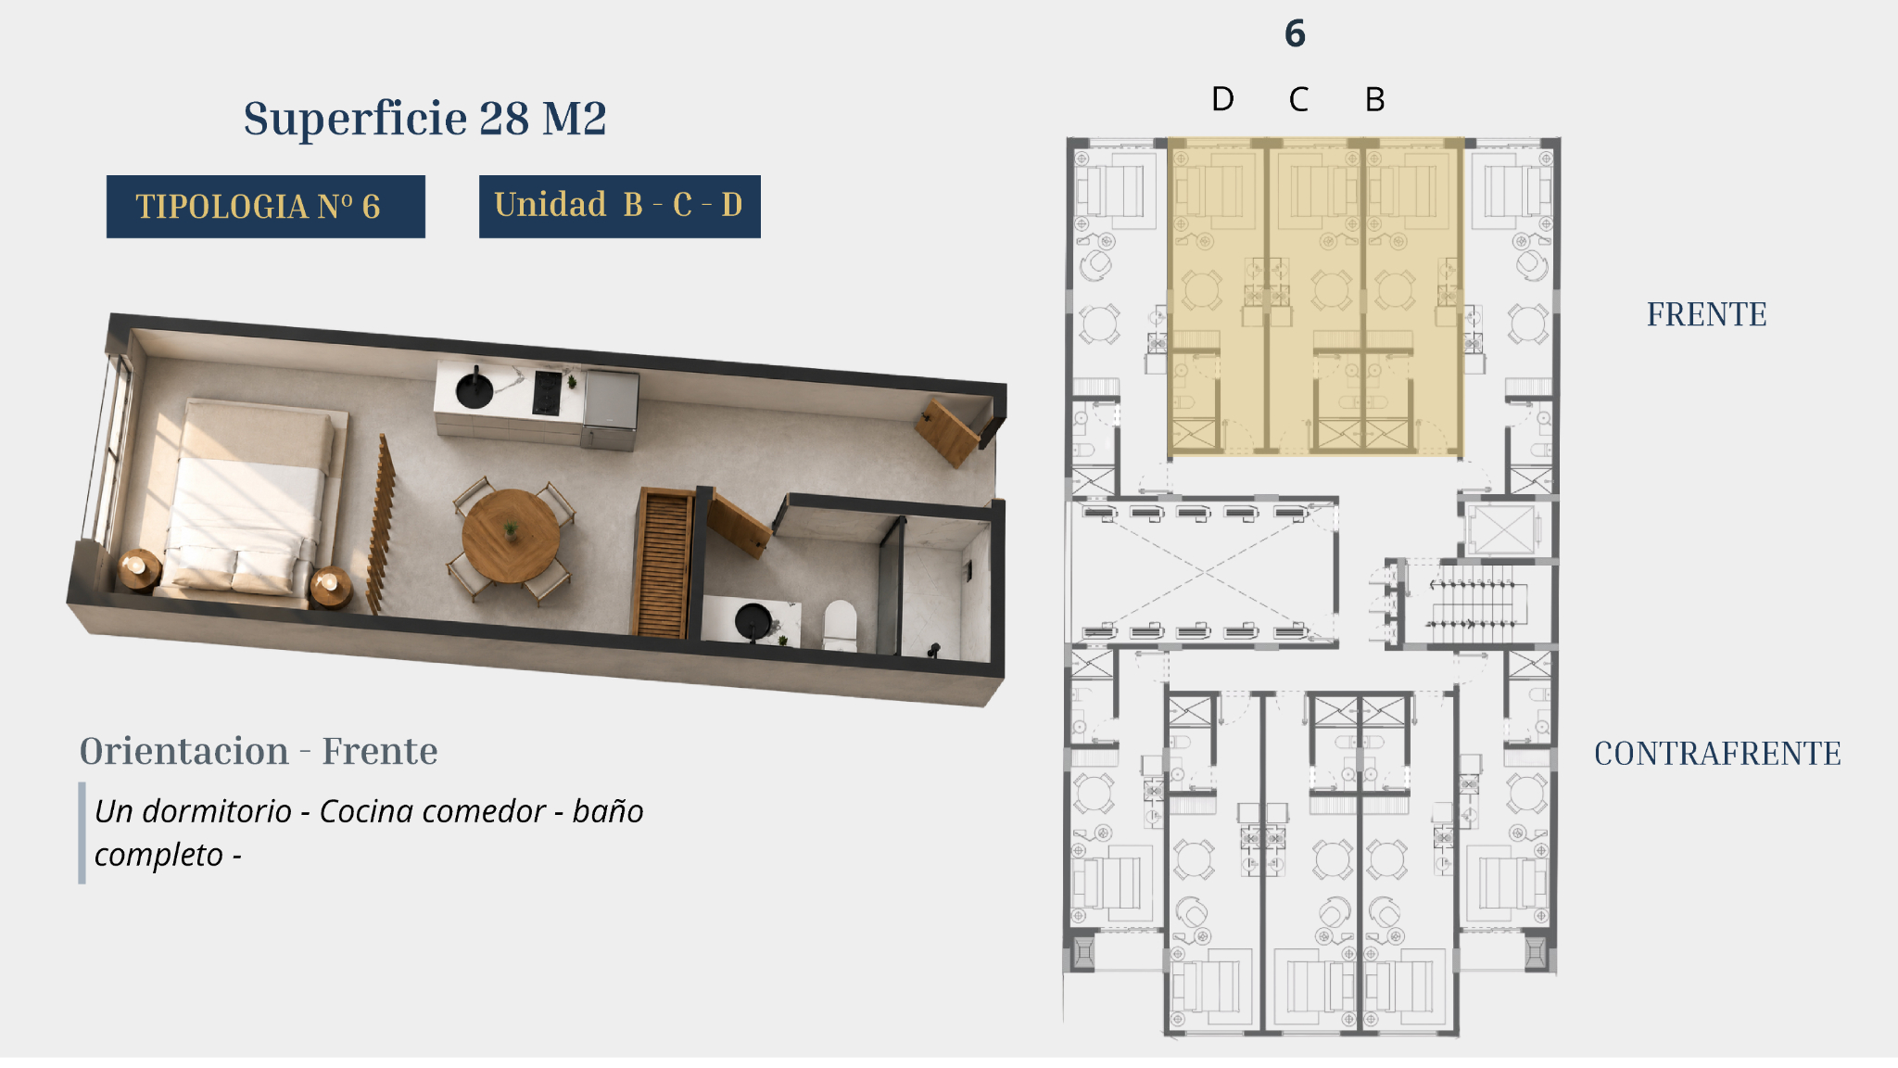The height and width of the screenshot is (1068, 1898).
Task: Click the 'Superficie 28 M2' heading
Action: point(424,119)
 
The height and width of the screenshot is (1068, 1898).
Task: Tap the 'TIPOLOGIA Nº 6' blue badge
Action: point(266,206)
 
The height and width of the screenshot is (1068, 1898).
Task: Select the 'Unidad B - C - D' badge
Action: point(619,206)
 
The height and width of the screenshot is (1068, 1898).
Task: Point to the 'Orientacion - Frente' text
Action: point(259,751)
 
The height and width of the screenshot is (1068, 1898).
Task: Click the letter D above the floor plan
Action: point(1222,99)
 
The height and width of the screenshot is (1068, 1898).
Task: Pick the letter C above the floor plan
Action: point(1298,99)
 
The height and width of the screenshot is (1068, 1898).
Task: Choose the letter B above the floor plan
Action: point(1375,99)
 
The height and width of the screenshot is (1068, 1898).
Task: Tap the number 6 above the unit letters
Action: point(1295,33)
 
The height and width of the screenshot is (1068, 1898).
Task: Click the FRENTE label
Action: point(1706,315)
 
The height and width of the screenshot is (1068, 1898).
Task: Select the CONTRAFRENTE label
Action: point(1717,754)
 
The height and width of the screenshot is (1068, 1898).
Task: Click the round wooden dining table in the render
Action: point(511,536)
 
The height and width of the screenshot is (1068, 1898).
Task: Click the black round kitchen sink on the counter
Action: point(474,389)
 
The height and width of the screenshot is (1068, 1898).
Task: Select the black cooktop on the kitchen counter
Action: point(547,393)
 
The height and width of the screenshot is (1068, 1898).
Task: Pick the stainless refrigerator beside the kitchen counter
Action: point(610,409)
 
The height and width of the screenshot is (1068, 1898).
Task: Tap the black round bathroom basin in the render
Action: point(753,621)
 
